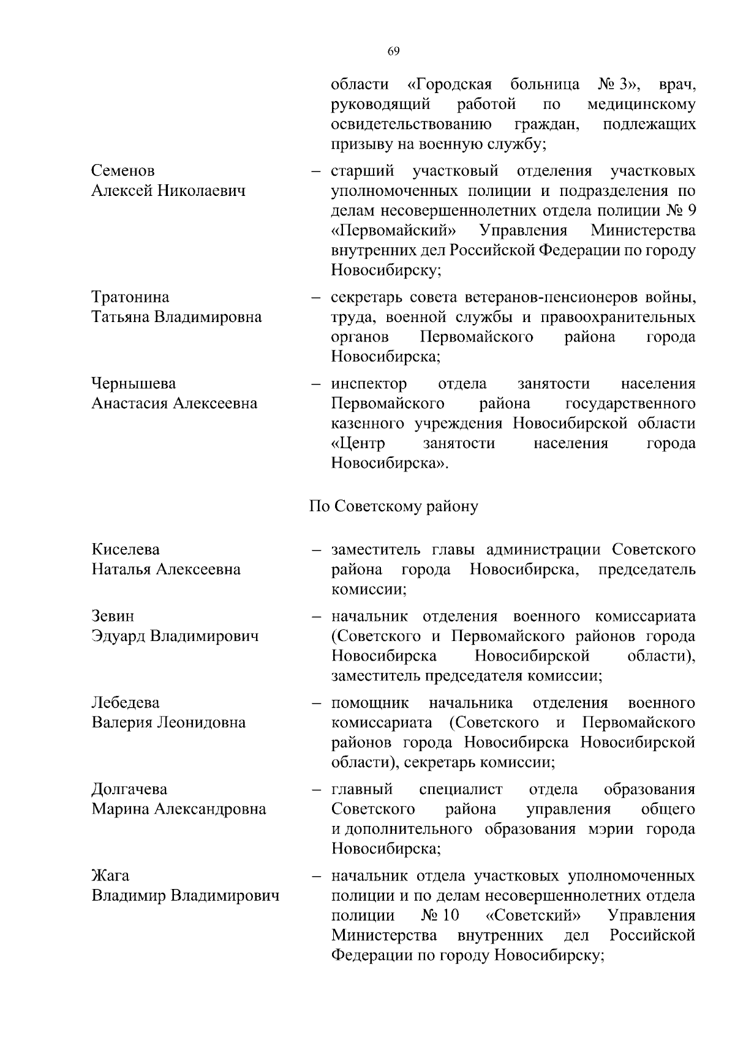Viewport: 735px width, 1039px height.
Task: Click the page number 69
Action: point(393,51)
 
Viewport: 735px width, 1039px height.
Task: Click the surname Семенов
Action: point(123,171)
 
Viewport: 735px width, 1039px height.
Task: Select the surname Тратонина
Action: point(130,298)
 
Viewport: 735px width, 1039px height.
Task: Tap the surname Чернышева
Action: point(134,384)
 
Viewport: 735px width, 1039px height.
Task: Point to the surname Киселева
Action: point(126,549)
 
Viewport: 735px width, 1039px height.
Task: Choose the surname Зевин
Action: point(113,616)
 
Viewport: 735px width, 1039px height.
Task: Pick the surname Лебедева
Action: point(126,702)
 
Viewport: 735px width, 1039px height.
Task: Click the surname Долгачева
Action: point(129,789)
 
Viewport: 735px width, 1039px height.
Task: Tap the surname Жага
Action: point(110,876)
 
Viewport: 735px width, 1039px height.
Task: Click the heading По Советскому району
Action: point(393,507)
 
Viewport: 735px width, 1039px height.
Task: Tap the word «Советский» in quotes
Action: point(533,916)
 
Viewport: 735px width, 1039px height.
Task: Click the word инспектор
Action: point(369,384)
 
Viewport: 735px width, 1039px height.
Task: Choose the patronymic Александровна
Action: point(209,809)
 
